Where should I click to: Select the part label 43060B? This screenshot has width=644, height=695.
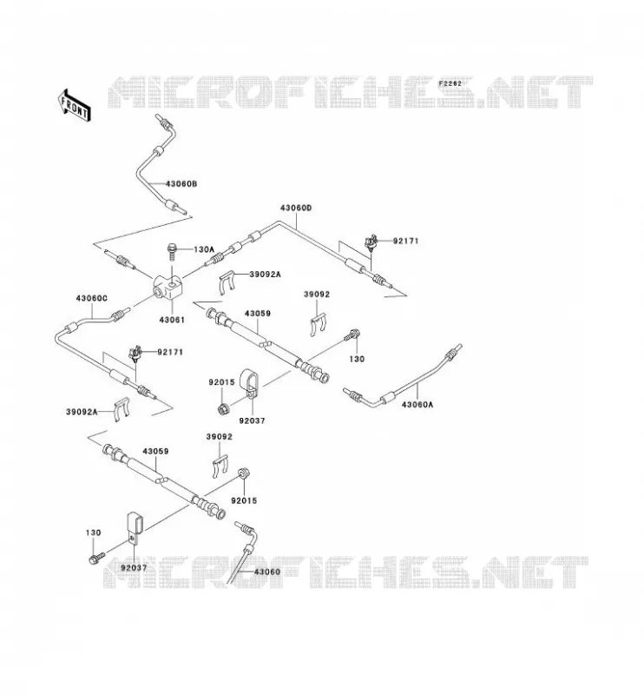(x=181, y=183)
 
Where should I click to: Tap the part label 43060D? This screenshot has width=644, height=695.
(x=296, y=208)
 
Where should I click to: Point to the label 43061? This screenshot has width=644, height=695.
(x=172, y=320)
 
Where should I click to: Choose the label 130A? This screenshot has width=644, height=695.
(x=204, y=249)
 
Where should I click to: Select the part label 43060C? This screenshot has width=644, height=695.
(x=92, y=298)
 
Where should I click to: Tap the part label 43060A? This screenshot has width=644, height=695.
(x=417, y=404)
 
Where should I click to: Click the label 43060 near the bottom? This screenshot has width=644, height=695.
(x=267, y=572)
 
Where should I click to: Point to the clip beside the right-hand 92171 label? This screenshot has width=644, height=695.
(x=371, y=242)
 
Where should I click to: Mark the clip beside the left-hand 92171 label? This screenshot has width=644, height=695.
(x=135, y=354)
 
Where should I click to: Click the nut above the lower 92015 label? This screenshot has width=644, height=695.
(x=243, y=473)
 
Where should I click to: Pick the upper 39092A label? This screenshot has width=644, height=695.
(x=266, y=275)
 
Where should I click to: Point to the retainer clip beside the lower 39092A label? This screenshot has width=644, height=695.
(x=122, y=409)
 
